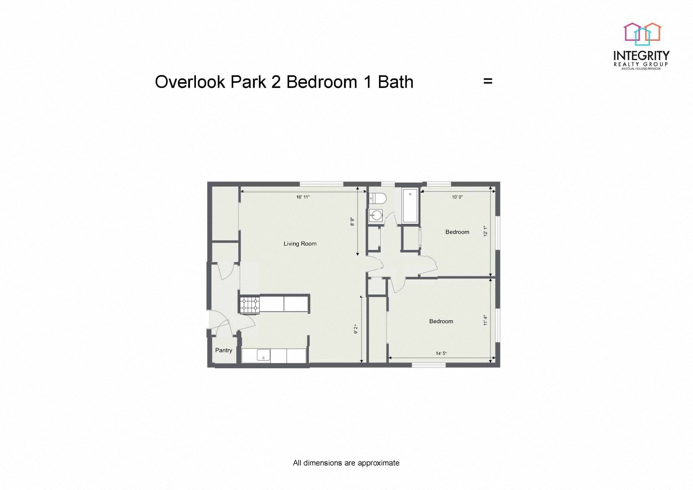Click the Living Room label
pos(300,243)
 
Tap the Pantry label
pos(224,350)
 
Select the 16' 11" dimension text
pos(303,197)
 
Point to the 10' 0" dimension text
pos(457,197)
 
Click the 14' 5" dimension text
pos(441,354)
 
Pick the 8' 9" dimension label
pos(352,222)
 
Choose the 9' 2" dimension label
pos(356,329)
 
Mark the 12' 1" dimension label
pos(486,231)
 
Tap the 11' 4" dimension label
pos(486,320)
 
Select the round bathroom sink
pos(376,215)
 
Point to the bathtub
pos(410,206)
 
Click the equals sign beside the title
pos(488,81)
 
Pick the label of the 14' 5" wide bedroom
pos(441,321)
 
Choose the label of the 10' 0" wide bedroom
pos(457,232)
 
